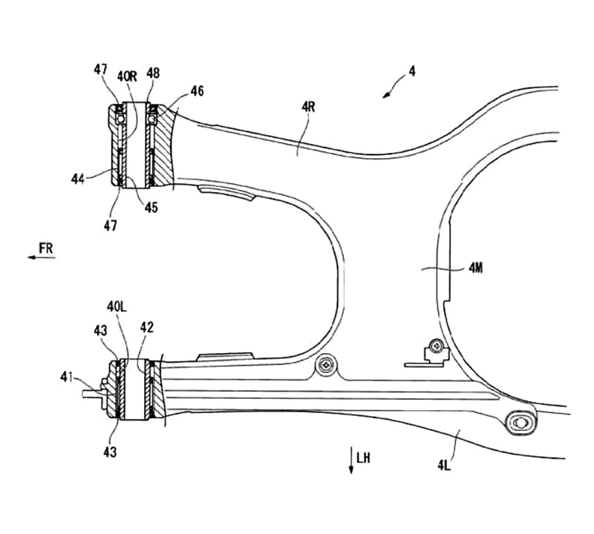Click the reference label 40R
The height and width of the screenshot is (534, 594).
127,77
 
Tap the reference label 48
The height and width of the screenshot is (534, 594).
153,73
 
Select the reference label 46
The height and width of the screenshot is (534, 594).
197,90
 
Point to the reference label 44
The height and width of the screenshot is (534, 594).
78,179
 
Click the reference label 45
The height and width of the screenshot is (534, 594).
151,208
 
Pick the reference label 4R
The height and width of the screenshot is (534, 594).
308,107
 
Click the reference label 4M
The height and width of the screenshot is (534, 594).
476,268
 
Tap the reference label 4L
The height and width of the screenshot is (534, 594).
444,465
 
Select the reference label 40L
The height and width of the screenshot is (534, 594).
117,306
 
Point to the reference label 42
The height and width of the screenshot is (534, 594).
146,327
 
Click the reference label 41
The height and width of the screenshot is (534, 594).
67,377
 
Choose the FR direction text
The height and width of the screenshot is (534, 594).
46,248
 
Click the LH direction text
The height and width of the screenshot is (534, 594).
363,458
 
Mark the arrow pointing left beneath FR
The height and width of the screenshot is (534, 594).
42,257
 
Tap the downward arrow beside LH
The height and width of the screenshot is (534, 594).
351,460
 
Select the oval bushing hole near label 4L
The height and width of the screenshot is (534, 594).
521,423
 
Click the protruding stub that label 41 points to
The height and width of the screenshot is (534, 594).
94,394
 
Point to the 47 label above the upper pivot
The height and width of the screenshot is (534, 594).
101,70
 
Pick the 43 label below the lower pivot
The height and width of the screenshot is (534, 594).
110,452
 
